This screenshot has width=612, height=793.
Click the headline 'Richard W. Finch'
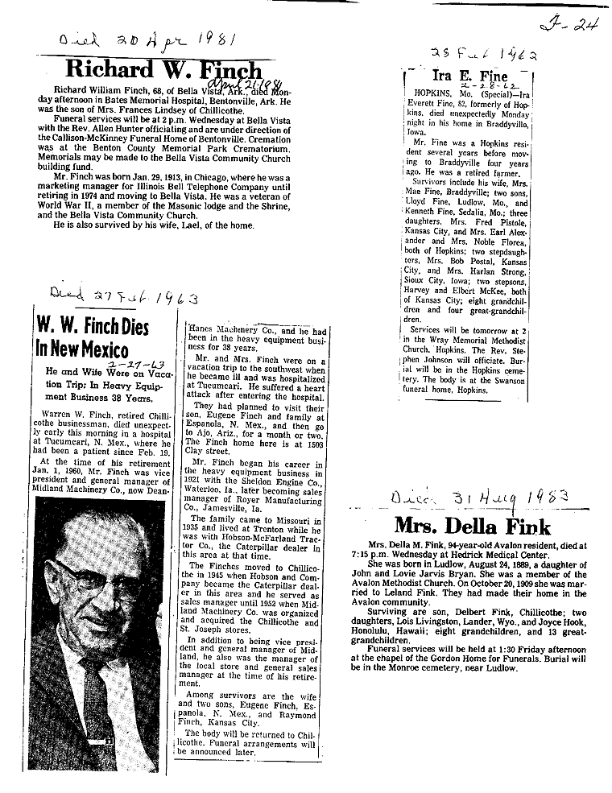(164, 70)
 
